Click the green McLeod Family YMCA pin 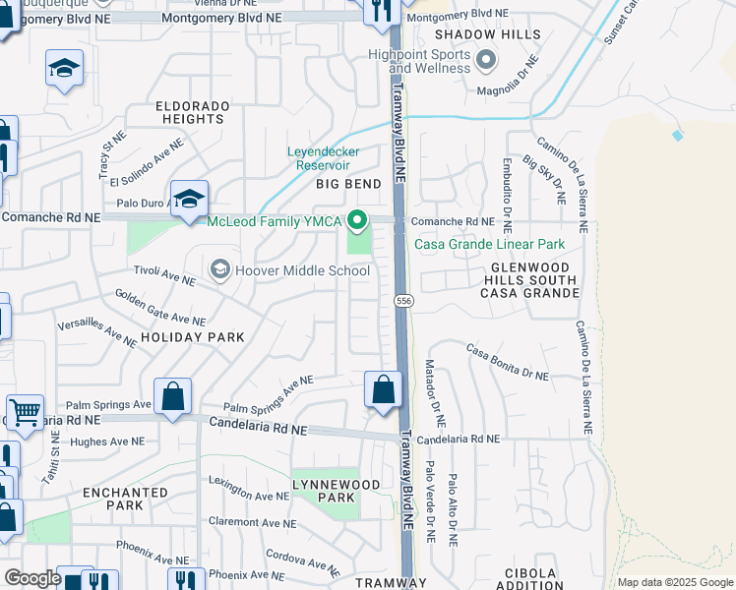(x=359, y=219)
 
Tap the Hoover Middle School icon (x=219, y=269)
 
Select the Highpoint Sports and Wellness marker (x=484, y=62)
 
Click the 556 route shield (x=403, y=300)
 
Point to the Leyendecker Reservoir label (x=324, y=158)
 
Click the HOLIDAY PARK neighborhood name (x=192, y=337)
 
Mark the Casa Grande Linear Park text (x=489, y=244)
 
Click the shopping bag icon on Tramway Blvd (x=383, y=388)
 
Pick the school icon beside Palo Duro (x=188, y=197)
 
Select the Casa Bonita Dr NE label (x=507, y=362)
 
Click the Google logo (x=32, y=578)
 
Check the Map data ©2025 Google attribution (x=674, y=582)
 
